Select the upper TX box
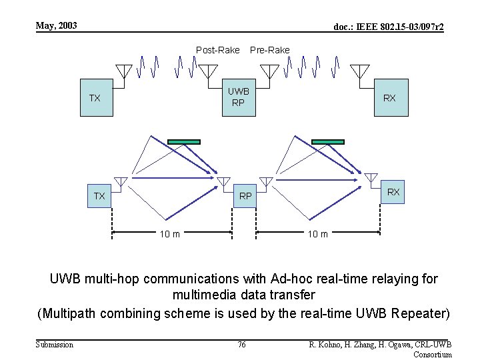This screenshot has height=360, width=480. point(95,98)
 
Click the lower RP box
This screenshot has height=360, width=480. point(246,196)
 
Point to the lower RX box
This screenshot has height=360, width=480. point(393,192)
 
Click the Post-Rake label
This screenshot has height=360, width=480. point(217,50)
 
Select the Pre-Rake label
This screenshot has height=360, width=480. point(269,50)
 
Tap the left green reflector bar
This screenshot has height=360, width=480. point(183,141)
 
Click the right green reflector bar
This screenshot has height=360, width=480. point(328,141)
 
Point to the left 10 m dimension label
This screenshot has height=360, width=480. point(169,233)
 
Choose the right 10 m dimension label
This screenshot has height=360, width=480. point(317,233)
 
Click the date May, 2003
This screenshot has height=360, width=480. point(57,26)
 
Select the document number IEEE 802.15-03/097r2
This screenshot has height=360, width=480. point(389,27)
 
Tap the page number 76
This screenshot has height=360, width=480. point(241,344)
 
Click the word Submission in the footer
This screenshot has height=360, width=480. point(54,344)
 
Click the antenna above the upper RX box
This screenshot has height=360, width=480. point(360,71)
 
